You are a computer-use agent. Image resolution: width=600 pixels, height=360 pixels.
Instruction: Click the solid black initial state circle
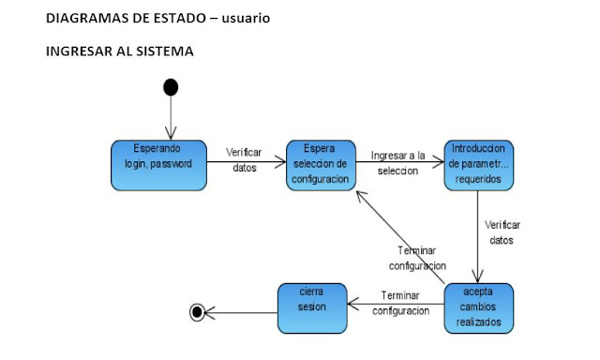tap(170, 87)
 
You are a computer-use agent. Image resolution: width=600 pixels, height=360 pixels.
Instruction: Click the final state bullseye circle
tap(197, 312)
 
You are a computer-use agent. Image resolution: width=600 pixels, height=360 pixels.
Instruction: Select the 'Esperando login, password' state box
tap(157, 165)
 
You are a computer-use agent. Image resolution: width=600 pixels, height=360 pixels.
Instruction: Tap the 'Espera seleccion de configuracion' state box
tap(320, 164)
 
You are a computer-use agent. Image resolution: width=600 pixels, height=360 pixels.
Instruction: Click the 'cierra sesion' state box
tap(311, 307)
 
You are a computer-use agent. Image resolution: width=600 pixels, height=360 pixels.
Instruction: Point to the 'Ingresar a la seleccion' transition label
tap(397, 162)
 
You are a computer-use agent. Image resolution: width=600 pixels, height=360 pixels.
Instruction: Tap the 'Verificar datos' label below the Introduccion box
tap(502, 232)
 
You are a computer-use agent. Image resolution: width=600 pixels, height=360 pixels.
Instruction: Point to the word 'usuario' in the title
tap(246, 19)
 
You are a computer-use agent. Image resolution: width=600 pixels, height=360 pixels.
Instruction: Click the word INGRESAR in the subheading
tap(78, 52)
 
